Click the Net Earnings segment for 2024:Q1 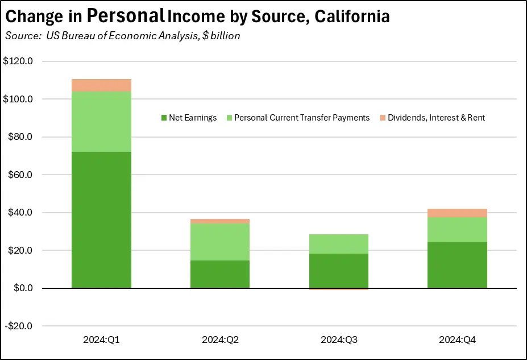(101, 220)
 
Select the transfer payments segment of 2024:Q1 (101, 122)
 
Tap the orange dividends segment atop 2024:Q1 (101, 85)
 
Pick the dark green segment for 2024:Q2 (220, 274)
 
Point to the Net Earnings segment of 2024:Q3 (339, 271)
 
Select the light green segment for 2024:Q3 (339, 244)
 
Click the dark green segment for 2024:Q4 (457, 265)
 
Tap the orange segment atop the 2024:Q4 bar (457, 213)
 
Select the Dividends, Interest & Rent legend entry (432, 118)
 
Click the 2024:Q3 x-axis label (339, 340)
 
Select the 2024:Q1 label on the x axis (101, 340)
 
